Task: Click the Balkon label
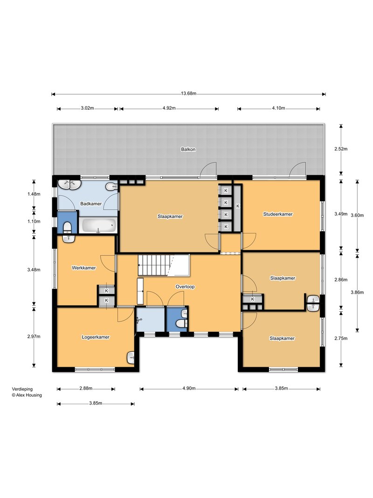click(188, 149)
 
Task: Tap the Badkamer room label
click(91, 203)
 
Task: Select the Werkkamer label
click(84, 268)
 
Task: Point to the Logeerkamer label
click(96, 337)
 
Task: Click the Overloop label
click(185, 287)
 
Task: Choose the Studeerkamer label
click(278, 214)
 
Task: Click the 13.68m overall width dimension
click(189, 93)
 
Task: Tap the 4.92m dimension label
click(169, 108)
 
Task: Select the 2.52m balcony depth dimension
click(341, 148)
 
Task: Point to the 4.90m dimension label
click(189, 388)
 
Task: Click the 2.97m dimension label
click(34, 337)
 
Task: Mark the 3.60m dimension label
click(357, 215)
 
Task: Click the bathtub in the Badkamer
click(98, 226)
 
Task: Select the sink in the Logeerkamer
click(131, 358)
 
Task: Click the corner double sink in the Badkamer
click(69, 184)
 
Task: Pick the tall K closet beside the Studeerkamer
click(238, 208)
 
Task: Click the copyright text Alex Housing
click(27, 395)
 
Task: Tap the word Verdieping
click(22, 389)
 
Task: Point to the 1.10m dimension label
click(34, 221)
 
